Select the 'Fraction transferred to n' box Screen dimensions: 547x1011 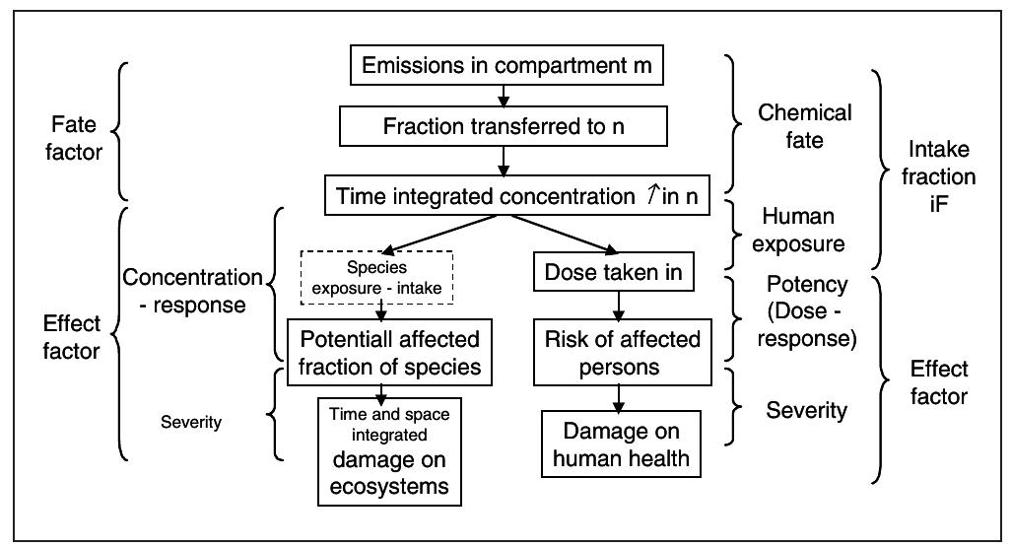point(505,127)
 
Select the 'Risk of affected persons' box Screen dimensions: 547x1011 point(623,353)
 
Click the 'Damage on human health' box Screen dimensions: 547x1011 point(621,444)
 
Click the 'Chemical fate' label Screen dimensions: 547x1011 point(804,126)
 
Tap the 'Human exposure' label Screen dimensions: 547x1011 point(798,229)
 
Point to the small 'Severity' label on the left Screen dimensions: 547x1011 point(190,422)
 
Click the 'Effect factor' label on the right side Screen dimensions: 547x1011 point(939,382)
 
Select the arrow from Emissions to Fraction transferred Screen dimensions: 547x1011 point(505,96)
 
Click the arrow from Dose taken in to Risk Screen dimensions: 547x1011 point(619,306)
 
